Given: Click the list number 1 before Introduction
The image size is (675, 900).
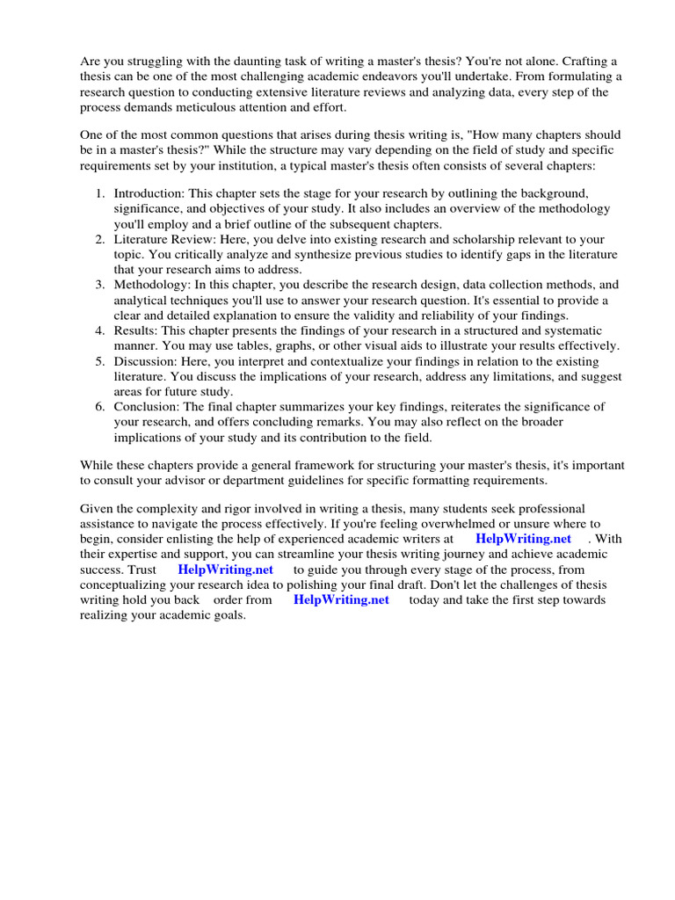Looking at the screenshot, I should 100,192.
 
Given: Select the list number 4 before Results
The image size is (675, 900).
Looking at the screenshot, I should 100,330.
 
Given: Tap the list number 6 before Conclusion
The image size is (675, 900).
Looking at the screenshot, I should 100,407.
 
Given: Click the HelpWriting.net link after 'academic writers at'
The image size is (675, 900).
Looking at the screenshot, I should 523,539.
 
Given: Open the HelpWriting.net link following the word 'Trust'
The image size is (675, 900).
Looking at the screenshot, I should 226,570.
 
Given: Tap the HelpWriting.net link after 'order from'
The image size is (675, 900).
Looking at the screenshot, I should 341,600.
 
